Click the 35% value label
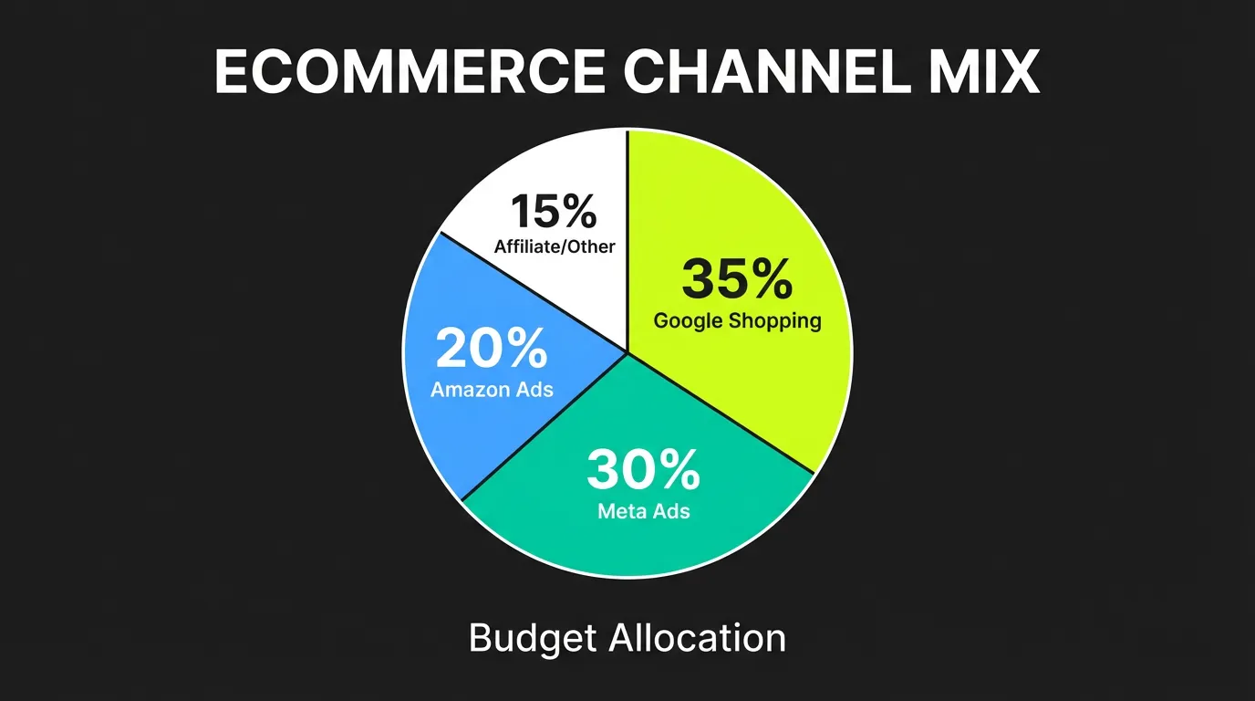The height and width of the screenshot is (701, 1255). point(737,279)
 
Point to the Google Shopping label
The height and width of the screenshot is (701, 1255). point(737,321)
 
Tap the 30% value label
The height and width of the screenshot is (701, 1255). point(643,470)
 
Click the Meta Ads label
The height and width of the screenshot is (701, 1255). point(643,511)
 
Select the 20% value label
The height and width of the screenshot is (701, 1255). point(492,348)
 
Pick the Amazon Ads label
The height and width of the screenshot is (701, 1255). point(492,390)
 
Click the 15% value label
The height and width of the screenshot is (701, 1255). point(554,212)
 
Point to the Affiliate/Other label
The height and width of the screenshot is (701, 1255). point(554,246)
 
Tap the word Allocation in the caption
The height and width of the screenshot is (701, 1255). point(696,638)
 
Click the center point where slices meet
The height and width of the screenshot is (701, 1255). point(627,351)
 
